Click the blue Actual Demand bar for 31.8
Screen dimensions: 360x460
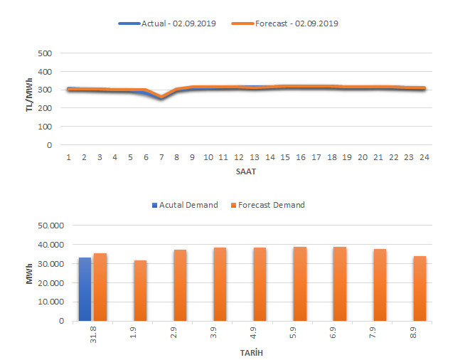[x=85, y=289]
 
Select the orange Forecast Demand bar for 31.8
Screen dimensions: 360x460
[x=100, y=287]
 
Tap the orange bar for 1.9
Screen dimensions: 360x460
[x=140, y=290]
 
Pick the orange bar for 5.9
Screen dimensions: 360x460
[x=300, y=283]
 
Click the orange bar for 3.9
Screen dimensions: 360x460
[x=220, y=284]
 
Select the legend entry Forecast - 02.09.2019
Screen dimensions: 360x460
[x=286, y=23]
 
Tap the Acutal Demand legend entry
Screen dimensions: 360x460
[x=185, y=205]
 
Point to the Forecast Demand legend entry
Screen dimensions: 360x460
[x=268, y=205]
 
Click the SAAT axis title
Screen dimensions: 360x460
[x=247, y=172]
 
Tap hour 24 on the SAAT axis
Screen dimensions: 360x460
[x=424, y=157]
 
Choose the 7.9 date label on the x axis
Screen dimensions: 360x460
[x=380, y=333]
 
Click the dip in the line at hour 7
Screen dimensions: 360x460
[x=161, y=97]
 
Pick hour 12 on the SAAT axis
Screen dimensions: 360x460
[x=238, y=157]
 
